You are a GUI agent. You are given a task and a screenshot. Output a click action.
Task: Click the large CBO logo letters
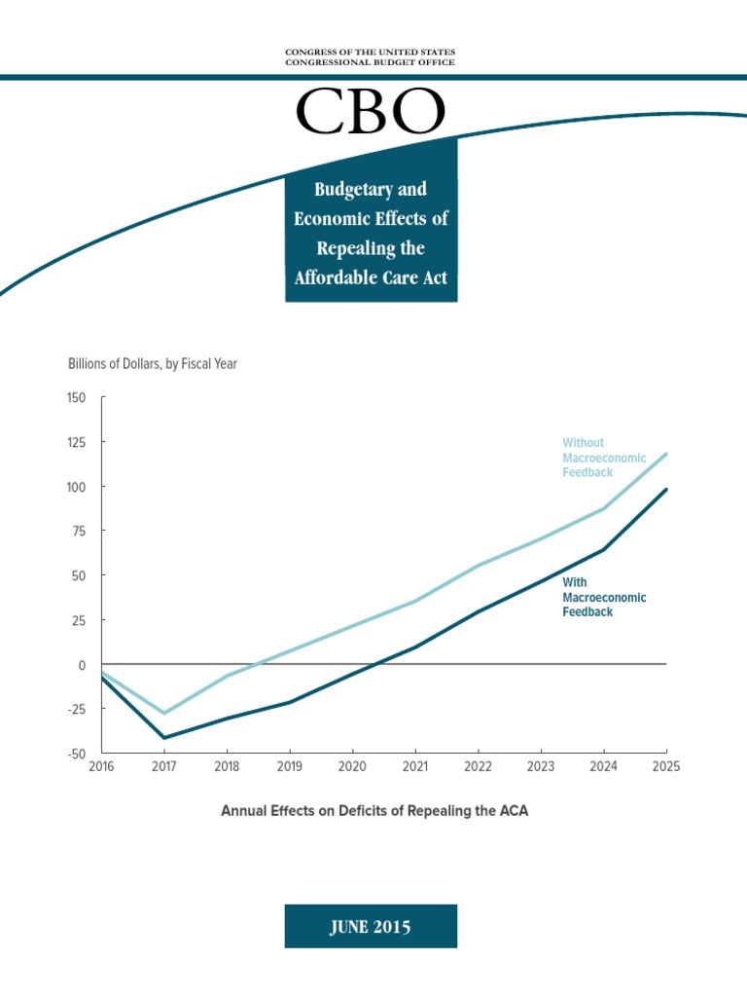coord(371,113)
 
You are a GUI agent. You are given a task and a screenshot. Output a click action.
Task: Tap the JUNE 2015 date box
coord(371,927)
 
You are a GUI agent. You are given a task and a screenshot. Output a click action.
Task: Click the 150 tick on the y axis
coord(77,398)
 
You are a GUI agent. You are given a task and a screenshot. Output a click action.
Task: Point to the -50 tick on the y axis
coord(77,755)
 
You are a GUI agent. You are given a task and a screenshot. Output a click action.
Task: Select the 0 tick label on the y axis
coord(82,665)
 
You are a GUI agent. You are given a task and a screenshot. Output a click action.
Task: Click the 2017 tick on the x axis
coord(164,766)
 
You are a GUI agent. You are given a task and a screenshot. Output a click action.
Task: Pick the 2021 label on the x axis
coord(415,766)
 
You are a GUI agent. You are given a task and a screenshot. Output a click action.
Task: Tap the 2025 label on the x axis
coord(666,766)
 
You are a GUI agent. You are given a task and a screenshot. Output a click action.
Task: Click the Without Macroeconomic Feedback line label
coord(604,458)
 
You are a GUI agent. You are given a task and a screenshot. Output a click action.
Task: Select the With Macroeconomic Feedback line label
coord(604,598)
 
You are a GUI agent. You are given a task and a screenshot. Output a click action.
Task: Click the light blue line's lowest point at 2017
coord(164,714)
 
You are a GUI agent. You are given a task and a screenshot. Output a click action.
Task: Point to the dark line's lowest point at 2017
coord(164,738)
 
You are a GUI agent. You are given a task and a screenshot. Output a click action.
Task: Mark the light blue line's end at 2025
coord(666,454)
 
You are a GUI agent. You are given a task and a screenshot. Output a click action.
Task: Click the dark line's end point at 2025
coord(666,490)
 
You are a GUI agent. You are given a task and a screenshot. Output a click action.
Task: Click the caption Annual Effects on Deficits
coord(374,810)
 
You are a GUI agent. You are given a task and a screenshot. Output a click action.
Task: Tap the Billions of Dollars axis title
coord(153,364)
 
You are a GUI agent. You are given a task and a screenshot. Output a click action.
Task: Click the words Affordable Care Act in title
coord(371,277)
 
